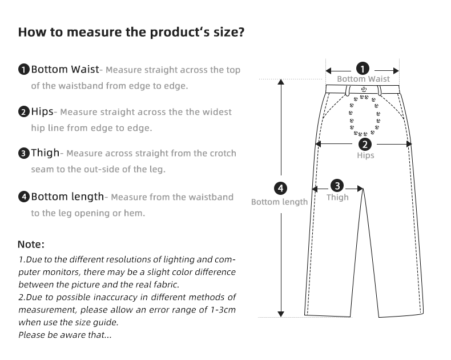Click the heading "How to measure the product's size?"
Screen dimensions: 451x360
click(x=131, y=32)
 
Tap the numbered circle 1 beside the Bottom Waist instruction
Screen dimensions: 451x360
click(x=24, y=69)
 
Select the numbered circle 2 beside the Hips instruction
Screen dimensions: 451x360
click(x=24, y=111)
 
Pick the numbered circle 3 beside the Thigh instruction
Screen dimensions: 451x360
click(x=24, y=153)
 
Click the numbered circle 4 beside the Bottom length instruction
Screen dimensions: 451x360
click(x=24, y=197)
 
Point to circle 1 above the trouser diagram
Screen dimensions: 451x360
click(x=363, y=69)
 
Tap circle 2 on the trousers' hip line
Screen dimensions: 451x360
click(x=365, y=145)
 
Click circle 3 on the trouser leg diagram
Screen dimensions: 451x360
click(x=337, y=186)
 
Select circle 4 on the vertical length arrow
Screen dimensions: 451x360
click(x=280, y=189)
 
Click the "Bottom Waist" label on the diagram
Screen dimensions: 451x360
click(x=363, y=79)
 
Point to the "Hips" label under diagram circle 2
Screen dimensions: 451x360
click(x=365, y=155)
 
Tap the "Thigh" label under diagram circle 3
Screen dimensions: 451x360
click(x=337, y=197)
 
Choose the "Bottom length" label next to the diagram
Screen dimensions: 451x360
click(x=279, y=202)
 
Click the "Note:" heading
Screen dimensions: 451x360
click(x=31, y=244)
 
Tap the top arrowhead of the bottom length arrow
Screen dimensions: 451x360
click(x=281, y=82)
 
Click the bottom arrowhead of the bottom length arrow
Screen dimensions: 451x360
click(x=281, y=314)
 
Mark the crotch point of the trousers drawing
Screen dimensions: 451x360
click(x=363, y=189)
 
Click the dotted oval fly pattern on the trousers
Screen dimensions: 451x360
click(x=364, y=115)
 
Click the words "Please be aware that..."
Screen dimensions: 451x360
click(x=65, y=335)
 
